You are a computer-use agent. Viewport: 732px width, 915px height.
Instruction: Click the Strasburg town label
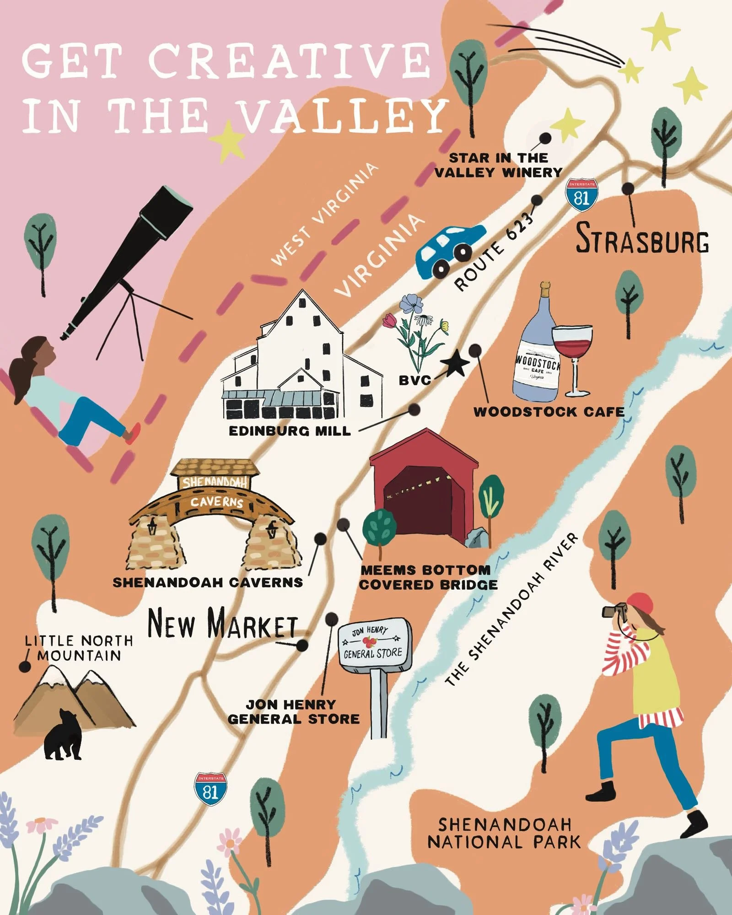point(642,238)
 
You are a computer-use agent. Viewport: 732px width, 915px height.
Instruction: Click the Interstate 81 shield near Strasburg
point(581,195)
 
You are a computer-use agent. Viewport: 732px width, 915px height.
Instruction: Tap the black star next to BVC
point(455,365)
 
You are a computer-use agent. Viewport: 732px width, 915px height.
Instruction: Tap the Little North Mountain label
point(79,648)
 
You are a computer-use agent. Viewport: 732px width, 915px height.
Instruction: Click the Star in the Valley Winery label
point(498,165)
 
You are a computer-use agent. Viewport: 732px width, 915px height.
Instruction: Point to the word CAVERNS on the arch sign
point(217,502)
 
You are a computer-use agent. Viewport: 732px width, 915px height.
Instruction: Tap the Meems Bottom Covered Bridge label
point(428,577)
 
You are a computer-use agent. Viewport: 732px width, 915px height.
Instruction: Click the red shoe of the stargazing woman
point(133,433)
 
